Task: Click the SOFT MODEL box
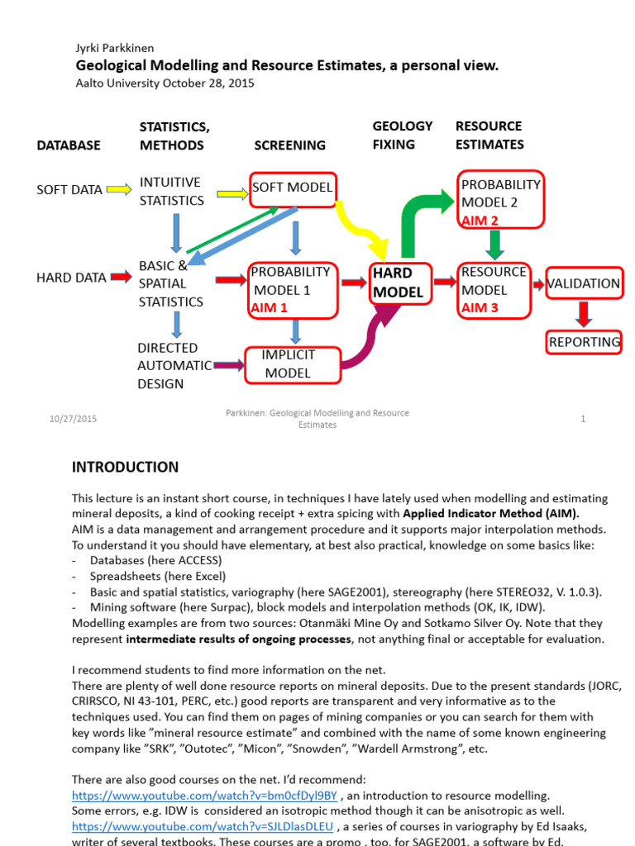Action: (x=292, y=188)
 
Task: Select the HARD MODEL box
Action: (x=398, y=283)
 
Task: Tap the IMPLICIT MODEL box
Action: (x=292, y=364)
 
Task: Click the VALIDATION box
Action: (x=584, y=284)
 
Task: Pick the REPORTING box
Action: (x=585, y=342)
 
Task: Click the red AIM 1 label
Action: (x=270, y=308)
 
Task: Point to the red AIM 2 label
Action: (x=480, y=221)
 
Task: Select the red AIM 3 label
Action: (x=480, y=308)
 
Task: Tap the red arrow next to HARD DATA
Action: (x=121, y=278)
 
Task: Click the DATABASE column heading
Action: (x=69, y=145)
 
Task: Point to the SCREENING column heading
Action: (x=290, y=145)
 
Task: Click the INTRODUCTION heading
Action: (x=125, y=468)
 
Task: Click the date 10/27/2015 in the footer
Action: (x=73, y=419)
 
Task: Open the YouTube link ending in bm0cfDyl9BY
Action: (x=204, y=796)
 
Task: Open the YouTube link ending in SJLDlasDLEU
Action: (x=202, y=826)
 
